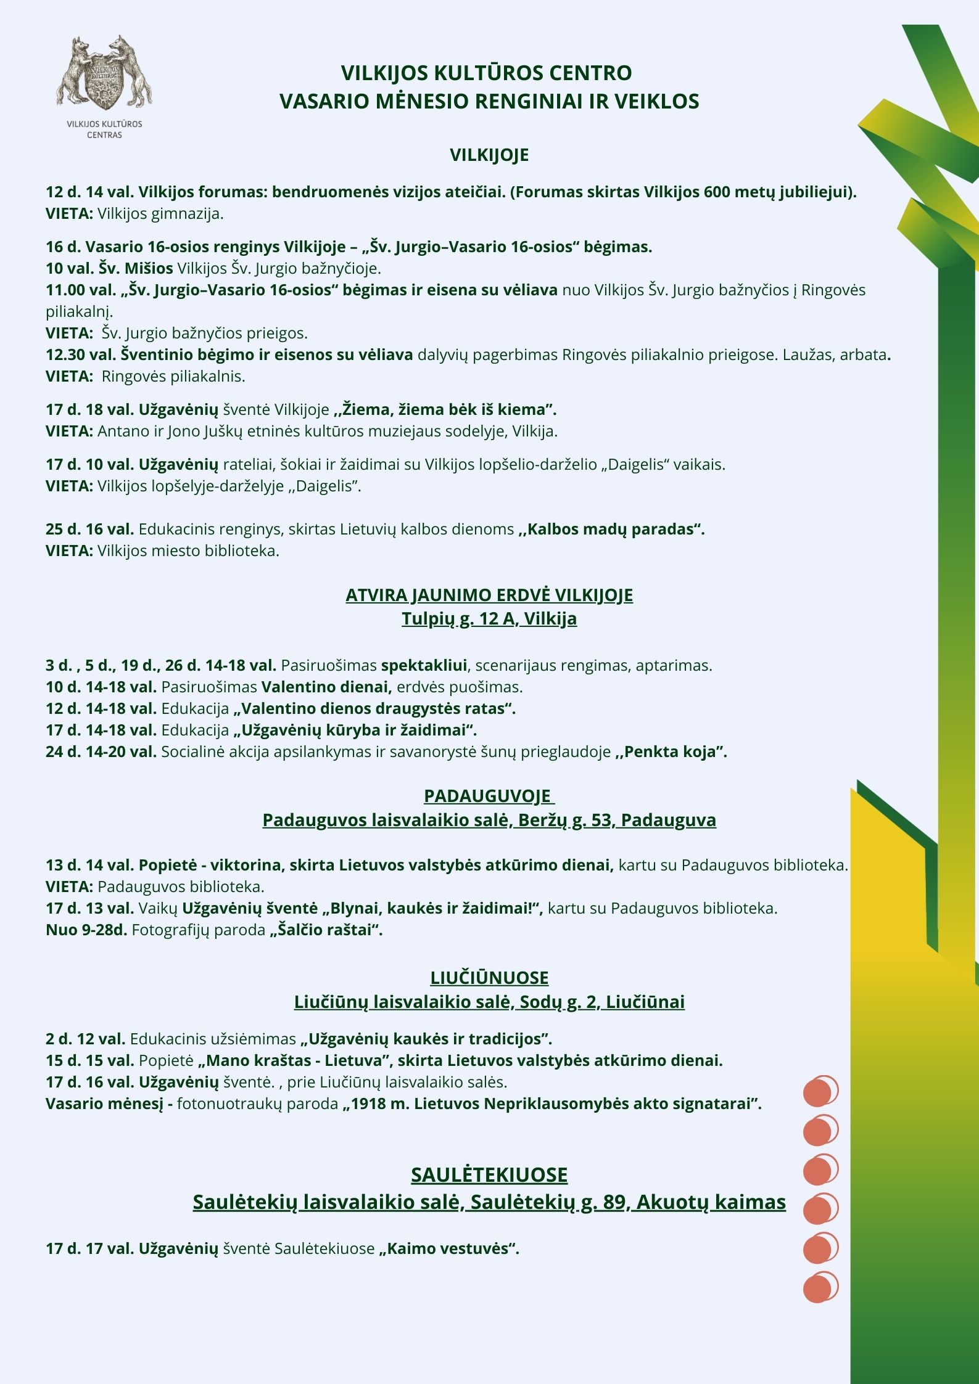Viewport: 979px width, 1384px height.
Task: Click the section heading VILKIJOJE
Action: click(x=489, y=155)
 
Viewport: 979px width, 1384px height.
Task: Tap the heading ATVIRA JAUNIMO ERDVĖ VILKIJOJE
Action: click(x=489, y=595)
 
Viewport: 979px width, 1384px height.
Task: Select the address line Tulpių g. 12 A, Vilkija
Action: click(x=489, y=618)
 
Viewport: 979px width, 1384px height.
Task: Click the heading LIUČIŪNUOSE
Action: click(x=489, y=978)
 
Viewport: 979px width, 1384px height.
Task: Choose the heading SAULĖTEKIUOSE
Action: click(x=489, y=1175)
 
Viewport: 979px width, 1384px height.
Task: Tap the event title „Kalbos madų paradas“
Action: click(x=611, y=529)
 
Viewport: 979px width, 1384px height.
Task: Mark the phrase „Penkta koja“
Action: click(x=671, y=751)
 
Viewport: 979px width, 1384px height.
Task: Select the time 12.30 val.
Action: click(x=81, y=354)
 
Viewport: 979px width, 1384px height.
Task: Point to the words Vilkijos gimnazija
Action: click(x=160, y=214)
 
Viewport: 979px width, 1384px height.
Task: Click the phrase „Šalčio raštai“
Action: click(x=326, y=930)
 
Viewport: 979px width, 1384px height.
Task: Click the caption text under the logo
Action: click(x=104, y=129)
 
